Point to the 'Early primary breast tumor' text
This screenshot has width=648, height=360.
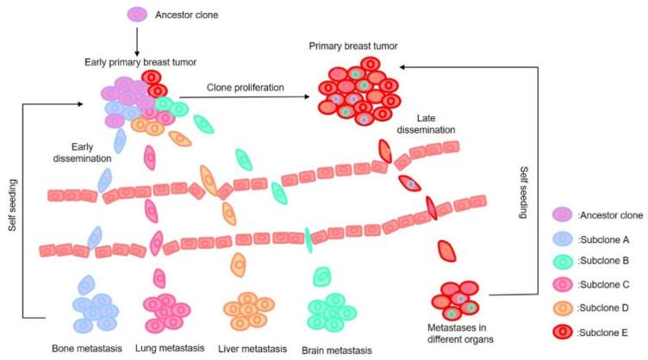136,63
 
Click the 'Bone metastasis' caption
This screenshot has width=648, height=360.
91,348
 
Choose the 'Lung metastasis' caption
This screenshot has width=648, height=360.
170,348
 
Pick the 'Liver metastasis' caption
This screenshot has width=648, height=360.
249,348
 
